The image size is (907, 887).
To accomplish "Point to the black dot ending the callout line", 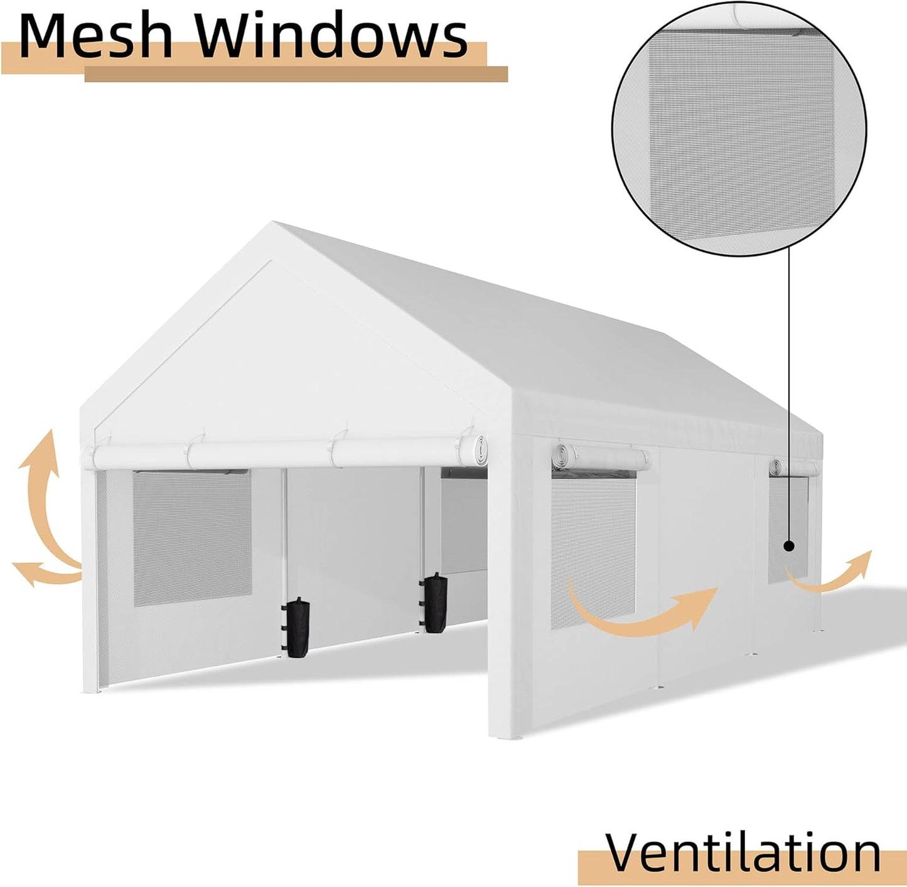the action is pos(788,546).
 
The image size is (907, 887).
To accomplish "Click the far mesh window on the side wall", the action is pos(788,528).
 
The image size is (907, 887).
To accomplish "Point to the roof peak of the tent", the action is pos(272,223).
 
